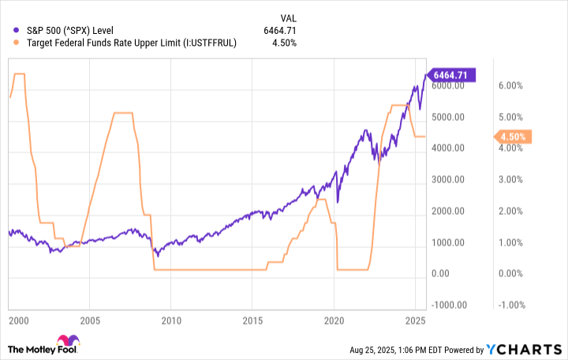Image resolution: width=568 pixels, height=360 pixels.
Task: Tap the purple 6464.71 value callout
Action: pos(454,75)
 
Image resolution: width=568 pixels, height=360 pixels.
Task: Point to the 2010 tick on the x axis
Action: pos(171,321)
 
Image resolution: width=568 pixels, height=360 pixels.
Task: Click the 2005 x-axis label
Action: pos(89,321)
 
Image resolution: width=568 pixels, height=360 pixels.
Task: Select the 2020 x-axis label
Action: pos(334,321)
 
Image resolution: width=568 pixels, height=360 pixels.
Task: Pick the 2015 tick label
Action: pos(253,321)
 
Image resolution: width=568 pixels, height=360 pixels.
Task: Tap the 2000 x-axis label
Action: pos(18,321)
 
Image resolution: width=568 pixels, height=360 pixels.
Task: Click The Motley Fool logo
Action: pos(43,347)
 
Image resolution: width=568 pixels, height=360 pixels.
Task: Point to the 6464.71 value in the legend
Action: pos(282,31)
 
